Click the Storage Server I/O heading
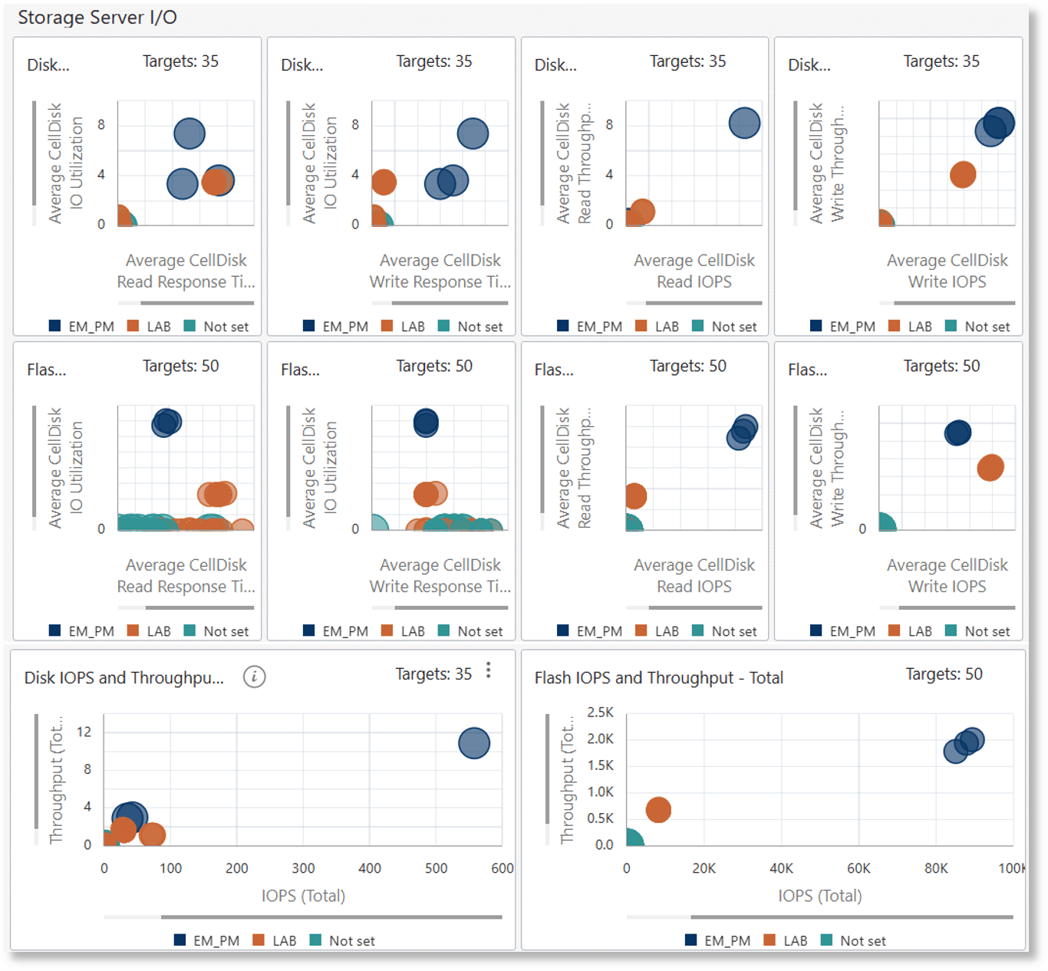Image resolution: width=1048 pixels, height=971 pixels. pyautogui.click(x=97, y=18)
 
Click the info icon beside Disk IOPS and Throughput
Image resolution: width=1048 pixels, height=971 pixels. pyautogui.click(x=254, y=676)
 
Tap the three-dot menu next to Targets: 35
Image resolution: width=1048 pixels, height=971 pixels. pyautogui.click(x=489, y=671)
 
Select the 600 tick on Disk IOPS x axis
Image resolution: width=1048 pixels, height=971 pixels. pyautogui.click(x=502, y=868)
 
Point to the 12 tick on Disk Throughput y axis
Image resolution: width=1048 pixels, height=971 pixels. pyautogui.click(x=84, y=732)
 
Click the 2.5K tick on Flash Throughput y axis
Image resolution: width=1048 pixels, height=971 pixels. pyautogui.click(x=600, y=713)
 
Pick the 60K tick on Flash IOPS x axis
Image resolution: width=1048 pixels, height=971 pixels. pyautogui.click(x=859, y=868)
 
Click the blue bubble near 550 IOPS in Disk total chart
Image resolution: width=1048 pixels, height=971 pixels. pyautogui.click(x=474, y=742)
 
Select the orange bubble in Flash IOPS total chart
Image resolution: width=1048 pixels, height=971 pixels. pyautogui.click(x=658, y=810)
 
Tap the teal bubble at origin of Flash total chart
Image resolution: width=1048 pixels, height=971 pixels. pyautogui.click(x=632, y=838)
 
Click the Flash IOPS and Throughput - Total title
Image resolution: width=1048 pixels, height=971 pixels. pyautogui.click(x=658, y=678)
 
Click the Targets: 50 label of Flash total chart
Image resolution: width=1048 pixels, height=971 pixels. pyautogui.click(x=944, y=674)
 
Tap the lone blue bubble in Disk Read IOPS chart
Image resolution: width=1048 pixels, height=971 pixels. pyautogui.click(x=744, y=123)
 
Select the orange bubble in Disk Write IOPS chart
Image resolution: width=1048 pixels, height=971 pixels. pyautogui.click(x=963, y=175)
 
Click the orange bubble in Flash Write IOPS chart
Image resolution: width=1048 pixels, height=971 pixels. pyautogui.click(x=990, y=467)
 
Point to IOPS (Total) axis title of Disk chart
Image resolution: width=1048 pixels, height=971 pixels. pyautogui.click(x=303, y=896)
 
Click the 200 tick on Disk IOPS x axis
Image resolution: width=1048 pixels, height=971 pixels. pyautogui.click(x=236, y=868)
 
